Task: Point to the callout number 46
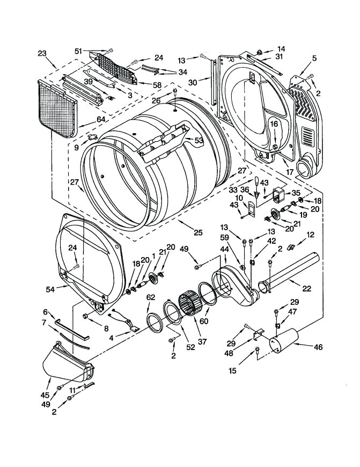[318, 347]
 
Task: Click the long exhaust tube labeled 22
[292, 271]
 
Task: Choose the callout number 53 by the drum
[198, 141]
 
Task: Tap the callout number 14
[282, 48]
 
